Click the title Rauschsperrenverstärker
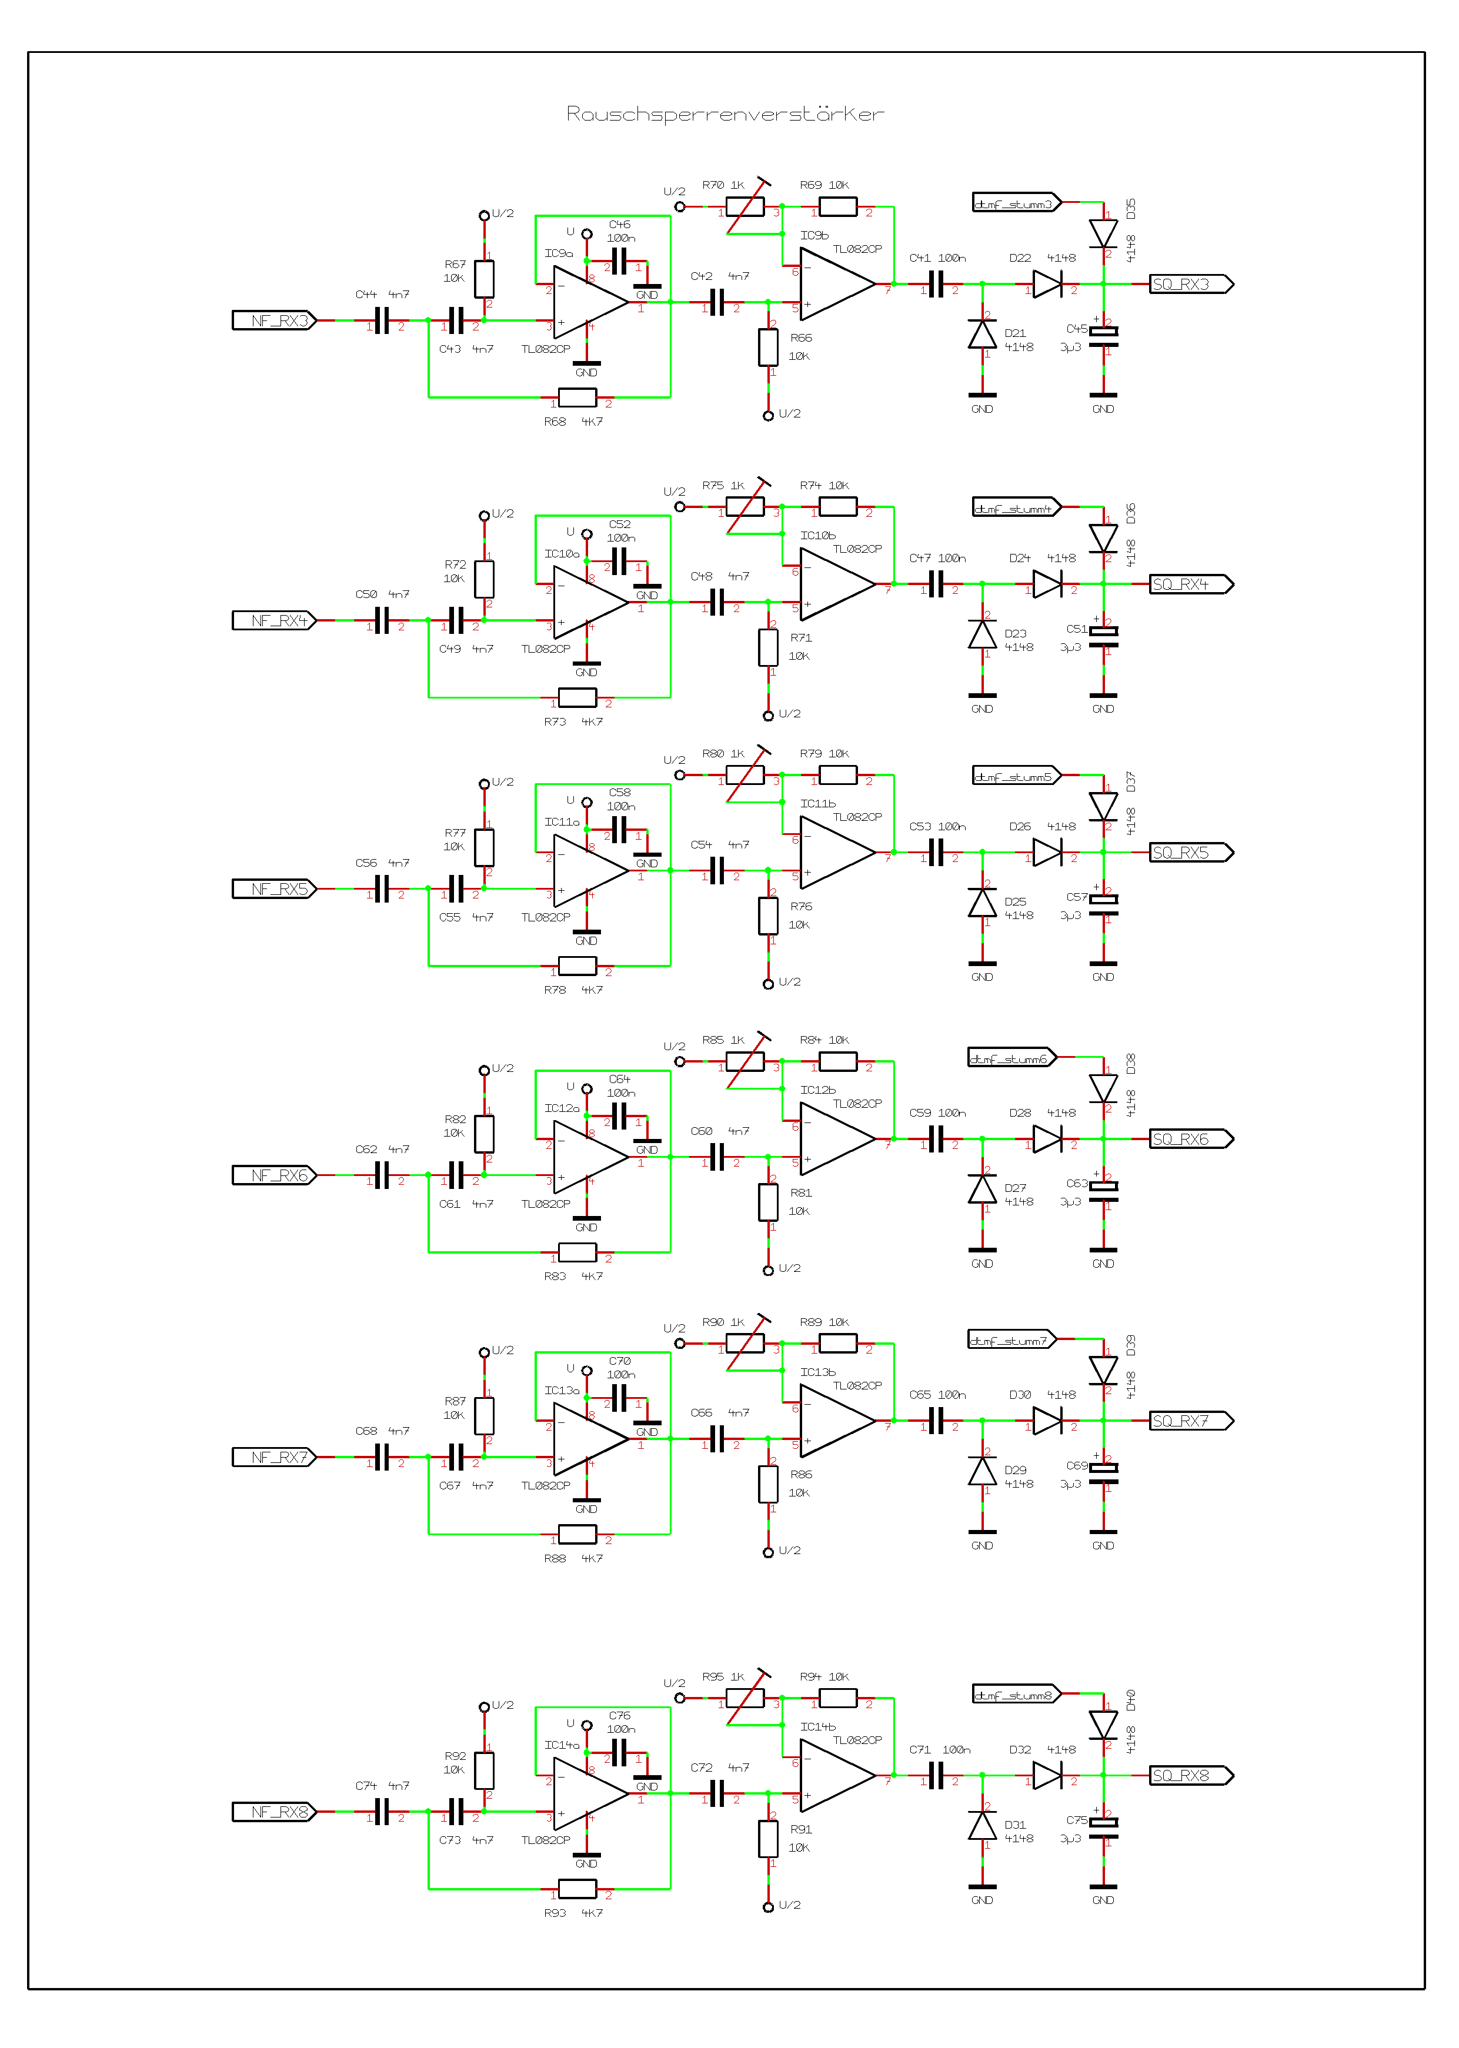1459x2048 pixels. [725, 114]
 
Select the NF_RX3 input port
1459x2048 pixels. [274, 320]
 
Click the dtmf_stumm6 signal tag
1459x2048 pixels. [1011, 1058]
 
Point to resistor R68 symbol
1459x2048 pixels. [577, 397]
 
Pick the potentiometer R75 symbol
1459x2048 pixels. [744, 507]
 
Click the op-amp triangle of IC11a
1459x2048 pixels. [589, 870]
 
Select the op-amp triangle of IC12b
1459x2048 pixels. [836, 1139]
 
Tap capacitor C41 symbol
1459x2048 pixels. [936, 284]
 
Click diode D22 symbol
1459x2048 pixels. [1047, 284]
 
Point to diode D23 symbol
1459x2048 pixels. [982, 635]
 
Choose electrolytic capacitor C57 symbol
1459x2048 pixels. [1103, 906]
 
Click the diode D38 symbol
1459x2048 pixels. [1103, 1088]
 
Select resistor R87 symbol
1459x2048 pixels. [484, 1416]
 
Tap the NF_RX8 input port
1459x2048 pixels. [274, 1812]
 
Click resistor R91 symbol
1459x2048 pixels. [768, 1839]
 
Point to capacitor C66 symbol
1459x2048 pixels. [717, 1439]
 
